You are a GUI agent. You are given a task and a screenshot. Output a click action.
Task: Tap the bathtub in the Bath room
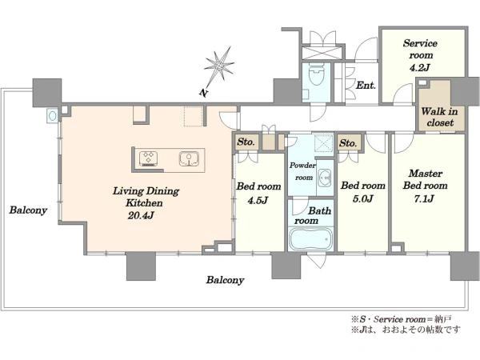[310, 238]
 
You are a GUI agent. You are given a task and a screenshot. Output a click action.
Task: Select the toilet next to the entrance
[316, 74]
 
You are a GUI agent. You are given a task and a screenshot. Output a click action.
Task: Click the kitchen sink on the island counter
[189, 159]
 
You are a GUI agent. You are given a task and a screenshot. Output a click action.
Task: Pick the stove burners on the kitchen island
[149, 159]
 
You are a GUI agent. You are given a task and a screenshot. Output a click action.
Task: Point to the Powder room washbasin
[325, 178]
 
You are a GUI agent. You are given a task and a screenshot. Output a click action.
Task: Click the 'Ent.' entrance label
[366, 85]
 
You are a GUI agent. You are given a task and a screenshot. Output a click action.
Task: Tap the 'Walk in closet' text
[439, 117]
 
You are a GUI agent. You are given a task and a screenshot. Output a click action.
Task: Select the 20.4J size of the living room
[141, 215]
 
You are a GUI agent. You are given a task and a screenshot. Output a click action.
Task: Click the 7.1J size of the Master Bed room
[424, 198]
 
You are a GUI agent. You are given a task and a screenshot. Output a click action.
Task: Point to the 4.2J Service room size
[420, 67]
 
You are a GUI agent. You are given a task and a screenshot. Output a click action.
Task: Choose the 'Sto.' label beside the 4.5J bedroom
[246, 142]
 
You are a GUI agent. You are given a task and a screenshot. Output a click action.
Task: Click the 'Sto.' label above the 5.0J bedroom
[348, 143]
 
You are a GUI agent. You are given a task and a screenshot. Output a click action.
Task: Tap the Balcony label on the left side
[28, 210]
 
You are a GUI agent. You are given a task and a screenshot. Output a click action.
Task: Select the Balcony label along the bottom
[225, 280]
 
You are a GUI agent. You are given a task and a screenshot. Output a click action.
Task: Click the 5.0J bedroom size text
[362, 198]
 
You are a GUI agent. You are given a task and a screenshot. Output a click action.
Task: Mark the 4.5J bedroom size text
[258, 200]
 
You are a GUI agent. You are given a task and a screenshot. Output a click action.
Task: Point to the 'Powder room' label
[302, 171]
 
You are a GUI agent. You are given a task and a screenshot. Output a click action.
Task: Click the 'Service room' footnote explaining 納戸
[401, 319]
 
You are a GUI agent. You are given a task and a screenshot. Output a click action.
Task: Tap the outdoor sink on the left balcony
[53, 116]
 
